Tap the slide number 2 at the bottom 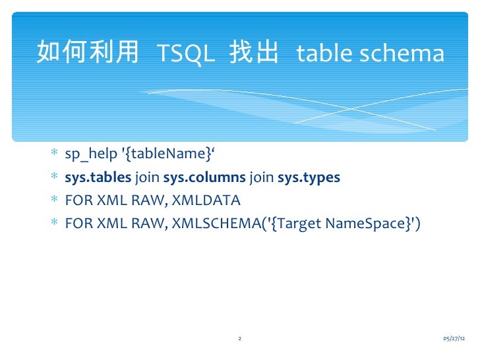tap(239, 338)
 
